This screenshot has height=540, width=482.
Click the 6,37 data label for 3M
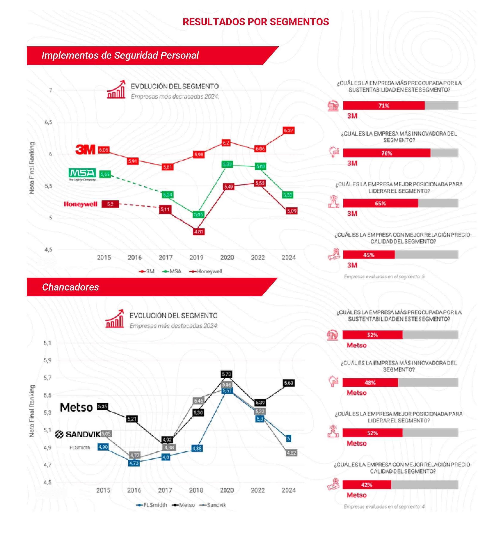tap(288, 130)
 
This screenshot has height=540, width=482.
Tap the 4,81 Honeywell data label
tap(199, 232)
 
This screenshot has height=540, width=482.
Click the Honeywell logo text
tap(80, 204)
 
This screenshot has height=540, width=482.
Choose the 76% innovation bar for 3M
tap(386, 153)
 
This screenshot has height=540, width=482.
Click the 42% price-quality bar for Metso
tap(367, 485)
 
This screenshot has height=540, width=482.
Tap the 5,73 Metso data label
tap(226, 374)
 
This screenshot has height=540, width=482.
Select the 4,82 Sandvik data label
tap(291, 453)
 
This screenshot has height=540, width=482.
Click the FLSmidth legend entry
tap(152, 505)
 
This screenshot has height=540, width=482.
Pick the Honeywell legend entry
tap(206, 271)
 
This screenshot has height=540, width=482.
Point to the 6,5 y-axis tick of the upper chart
tap(48, 122)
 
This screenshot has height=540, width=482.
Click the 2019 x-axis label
tap(196, 257)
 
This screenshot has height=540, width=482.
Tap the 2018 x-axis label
tap(196, 490)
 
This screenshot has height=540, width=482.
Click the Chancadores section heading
tap(70, 287)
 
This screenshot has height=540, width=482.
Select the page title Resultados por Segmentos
tap(256, 22)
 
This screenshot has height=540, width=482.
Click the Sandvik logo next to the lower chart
tap(78, 434)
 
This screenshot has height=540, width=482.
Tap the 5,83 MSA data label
tap(227, 164)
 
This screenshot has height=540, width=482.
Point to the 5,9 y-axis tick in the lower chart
tap(47, 360)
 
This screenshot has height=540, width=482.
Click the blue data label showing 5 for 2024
tap(289, 439)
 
